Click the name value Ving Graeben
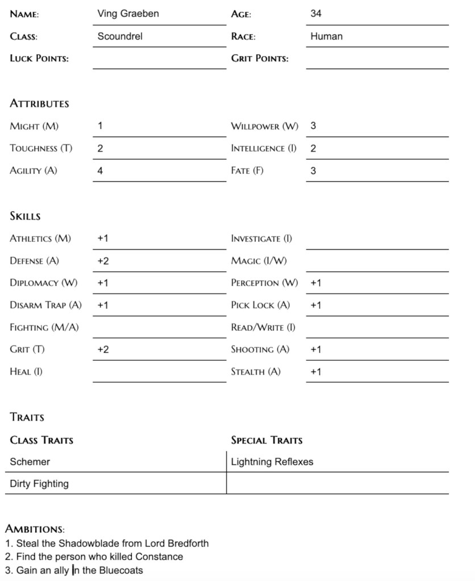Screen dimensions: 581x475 tap(128, 14)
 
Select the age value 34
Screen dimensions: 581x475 tap(316, 14)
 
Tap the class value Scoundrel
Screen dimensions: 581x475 tap(120, 36)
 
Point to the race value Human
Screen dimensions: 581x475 tap(326, 36)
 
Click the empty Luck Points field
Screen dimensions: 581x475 tap(159, 59)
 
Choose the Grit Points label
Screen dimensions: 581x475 tap(260, 58)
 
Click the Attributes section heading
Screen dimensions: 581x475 tap(39, 104)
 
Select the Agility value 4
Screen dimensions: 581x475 tap(100, 171)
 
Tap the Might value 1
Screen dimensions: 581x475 tap(100, 126)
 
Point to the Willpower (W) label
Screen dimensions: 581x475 tap(264, 126)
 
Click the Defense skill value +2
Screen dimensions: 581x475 tap(103, 261)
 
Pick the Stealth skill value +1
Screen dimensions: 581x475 tap(316, 372)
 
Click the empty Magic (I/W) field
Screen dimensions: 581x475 tap(377, 262)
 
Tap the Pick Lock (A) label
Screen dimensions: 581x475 tap(260, 305)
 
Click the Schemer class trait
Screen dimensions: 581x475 tap(30, 462)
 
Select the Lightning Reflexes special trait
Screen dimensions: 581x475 tap(272, 462)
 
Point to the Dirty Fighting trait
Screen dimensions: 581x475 tap(39, 484)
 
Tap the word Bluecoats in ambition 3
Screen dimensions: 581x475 tap(121, 571)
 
